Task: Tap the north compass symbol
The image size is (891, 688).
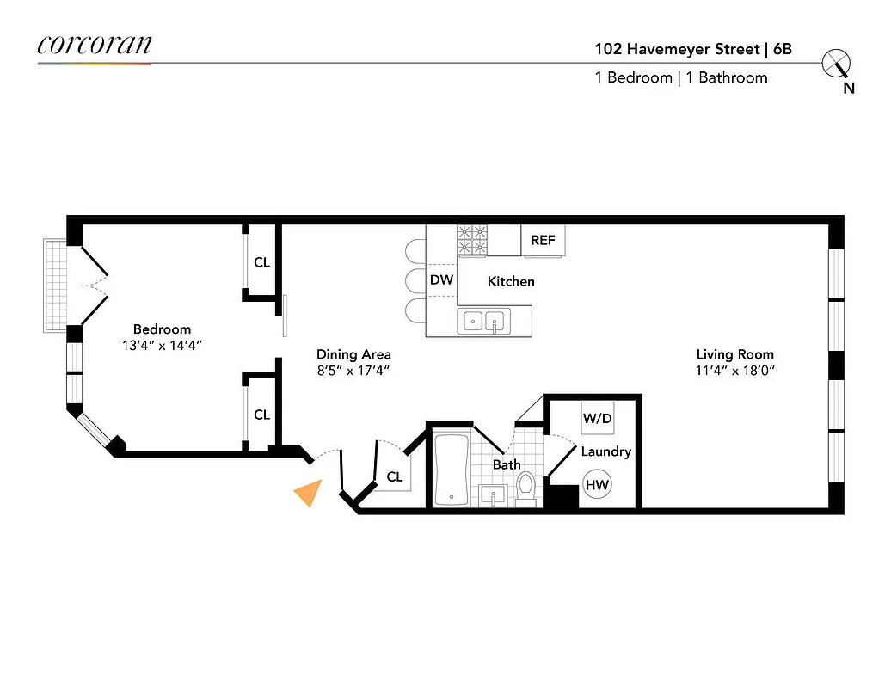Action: click(x=835, y=64)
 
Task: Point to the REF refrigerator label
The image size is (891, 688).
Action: click(x=543, y=241)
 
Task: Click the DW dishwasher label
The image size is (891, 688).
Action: click(x=441, y=280)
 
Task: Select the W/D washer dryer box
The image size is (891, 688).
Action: click(x=597, y=419)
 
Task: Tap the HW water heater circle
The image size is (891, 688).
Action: click(x=597, y=485)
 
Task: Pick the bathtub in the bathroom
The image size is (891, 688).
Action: click(x=452, y=470)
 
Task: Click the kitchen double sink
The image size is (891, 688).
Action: click(x=483, y=322)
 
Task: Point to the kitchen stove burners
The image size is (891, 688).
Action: click(x=472, y=240)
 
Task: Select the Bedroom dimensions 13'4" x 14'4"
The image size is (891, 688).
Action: click(x=162, y=346)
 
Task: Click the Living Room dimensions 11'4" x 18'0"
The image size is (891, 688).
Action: click(x=734, y=371)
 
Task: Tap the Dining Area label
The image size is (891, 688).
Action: click(x=353, y=354)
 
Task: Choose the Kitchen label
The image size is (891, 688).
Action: click(x=511, y=281)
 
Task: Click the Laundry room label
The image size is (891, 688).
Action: click(x=605, y=451)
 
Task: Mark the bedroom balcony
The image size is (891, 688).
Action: click(x=55, y=285)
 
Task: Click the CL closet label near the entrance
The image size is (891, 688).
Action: click(x=395, y=476)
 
